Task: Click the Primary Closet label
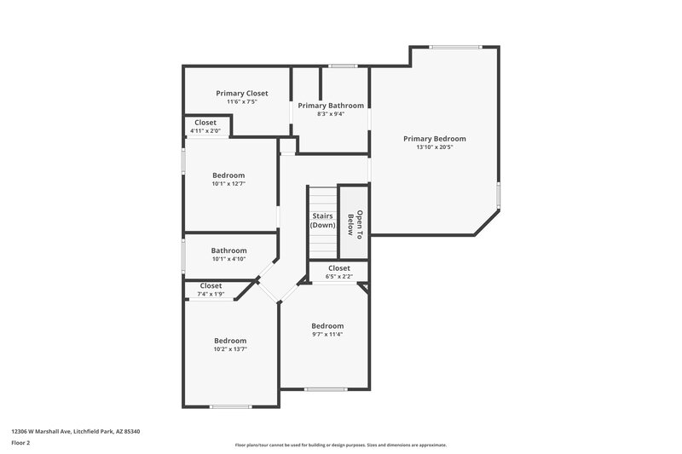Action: (242, 93)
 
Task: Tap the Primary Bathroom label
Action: (331, 106)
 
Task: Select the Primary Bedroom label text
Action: (435, 138)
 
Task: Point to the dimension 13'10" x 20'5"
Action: (435, 147)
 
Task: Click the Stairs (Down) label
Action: (323, 221)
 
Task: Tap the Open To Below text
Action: (355, 223)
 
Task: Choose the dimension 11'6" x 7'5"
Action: (242, 102)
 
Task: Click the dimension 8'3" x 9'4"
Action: (331, 114)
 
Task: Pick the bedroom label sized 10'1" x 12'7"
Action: (228, 175)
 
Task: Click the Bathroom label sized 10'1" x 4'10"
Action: (228, 250)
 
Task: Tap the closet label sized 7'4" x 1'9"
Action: (211, 286)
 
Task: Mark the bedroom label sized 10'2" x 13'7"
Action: (230, 340)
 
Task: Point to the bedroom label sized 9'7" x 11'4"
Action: (327, 325)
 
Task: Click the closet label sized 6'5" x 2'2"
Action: (339, 268)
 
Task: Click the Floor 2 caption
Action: (20, 443)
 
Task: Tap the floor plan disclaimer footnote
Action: (340, 445)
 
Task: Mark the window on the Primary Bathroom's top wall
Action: (343, 66)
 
